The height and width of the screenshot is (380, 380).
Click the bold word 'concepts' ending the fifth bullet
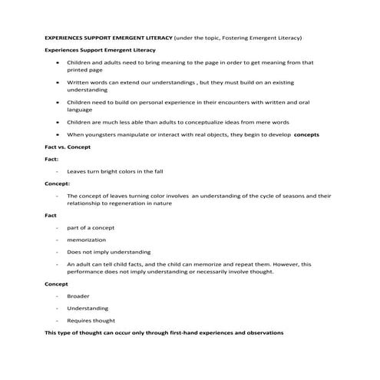pyautogui.click(x=306, y=134)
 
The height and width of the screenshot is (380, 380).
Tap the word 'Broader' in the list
pyautogui.click(x=78, y=296)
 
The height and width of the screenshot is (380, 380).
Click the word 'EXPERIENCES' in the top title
pyautogui.click(x=65, y=37)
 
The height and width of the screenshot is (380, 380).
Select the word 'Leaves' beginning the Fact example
pyautogui.click(x=78, y=171)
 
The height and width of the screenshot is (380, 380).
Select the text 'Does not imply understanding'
pyautogui.click(x=108, y=252)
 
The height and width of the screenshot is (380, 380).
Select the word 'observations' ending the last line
pyautogui.click(x=259, y=332)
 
